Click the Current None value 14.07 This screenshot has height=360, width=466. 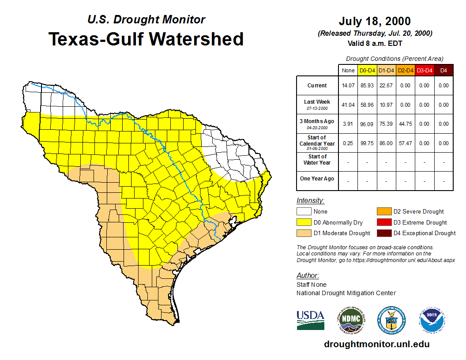point(348,86)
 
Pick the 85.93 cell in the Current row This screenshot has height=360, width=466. point(367,86)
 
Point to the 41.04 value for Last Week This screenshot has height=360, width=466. point(348,105)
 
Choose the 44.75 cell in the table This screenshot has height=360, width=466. point(405,124)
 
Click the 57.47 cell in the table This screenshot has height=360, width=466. point(405,143)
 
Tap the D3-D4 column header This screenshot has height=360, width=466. point(424,71)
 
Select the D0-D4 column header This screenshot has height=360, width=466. point(367,71)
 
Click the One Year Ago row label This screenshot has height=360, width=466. point(317,179)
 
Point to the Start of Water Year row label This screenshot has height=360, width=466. point(317,160)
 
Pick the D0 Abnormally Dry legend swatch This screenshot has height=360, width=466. point(304,222)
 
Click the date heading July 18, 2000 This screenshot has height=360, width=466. point(375,21)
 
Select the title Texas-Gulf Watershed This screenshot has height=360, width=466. point(146,39)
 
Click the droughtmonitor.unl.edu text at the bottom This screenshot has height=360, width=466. point(376,344)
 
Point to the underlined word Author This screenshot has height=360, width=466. point(307,276)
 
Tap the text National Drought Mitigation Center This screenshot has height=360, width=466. point(346,293)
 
